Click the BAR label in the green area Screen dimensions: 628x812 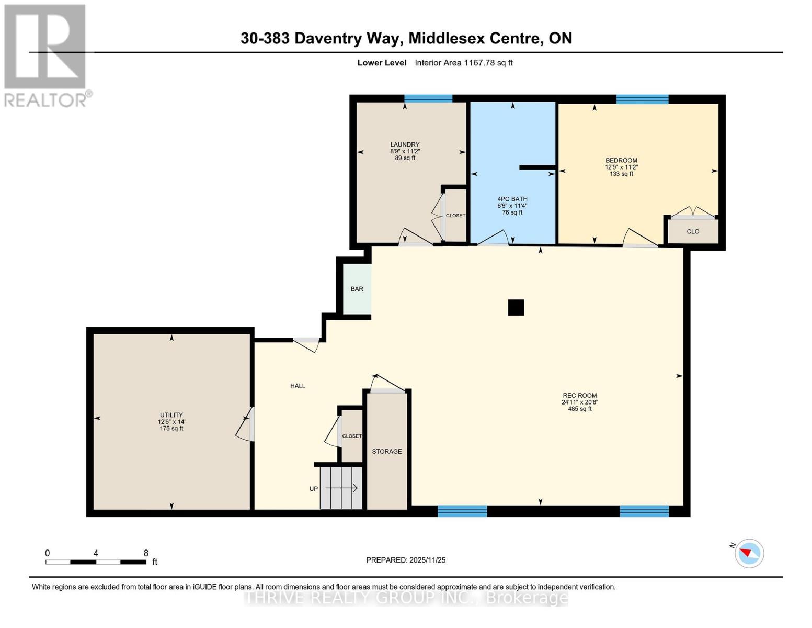coord(357,289)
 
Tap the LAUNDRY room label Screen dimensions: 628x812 coord(405,144)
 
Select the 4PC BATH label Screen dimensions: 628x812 coord(512,199)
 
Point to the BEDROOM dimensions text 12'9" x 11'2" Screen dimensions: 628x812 coord(621,167)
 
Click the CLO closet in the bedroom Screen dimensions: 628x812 coord(693,231)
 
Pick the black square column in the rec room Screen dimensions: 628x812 coord(516,308)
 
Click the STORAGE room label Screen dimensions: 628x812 coord(387,451)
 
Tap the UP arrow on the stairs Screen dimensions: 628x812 coord(341,488)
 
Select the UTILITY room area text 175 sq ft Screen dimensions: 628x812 coord(171,429)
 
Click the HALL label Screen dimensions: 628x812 coord(298,386)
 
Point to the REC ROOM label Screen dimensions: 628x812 coord(579,396)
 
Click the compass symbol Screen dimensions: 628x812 coord(749,553)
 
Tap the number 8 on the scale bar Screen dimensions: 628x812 coord(146,553)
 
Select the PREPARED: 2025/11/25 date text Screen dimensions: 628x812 coord(406,560)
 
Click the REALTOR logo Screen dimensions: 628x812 coord(45,55)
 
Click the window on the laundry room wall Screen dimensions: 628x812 coord(428,98)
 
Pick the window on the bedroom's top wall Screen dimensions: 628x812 coord(642,99)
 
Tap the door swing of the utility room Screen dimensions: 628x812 coord(245,425)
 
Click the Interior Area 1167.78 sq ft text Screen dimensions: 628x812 coord(463,63)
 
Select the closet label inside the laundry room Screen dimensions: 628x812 coord(455,216)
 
